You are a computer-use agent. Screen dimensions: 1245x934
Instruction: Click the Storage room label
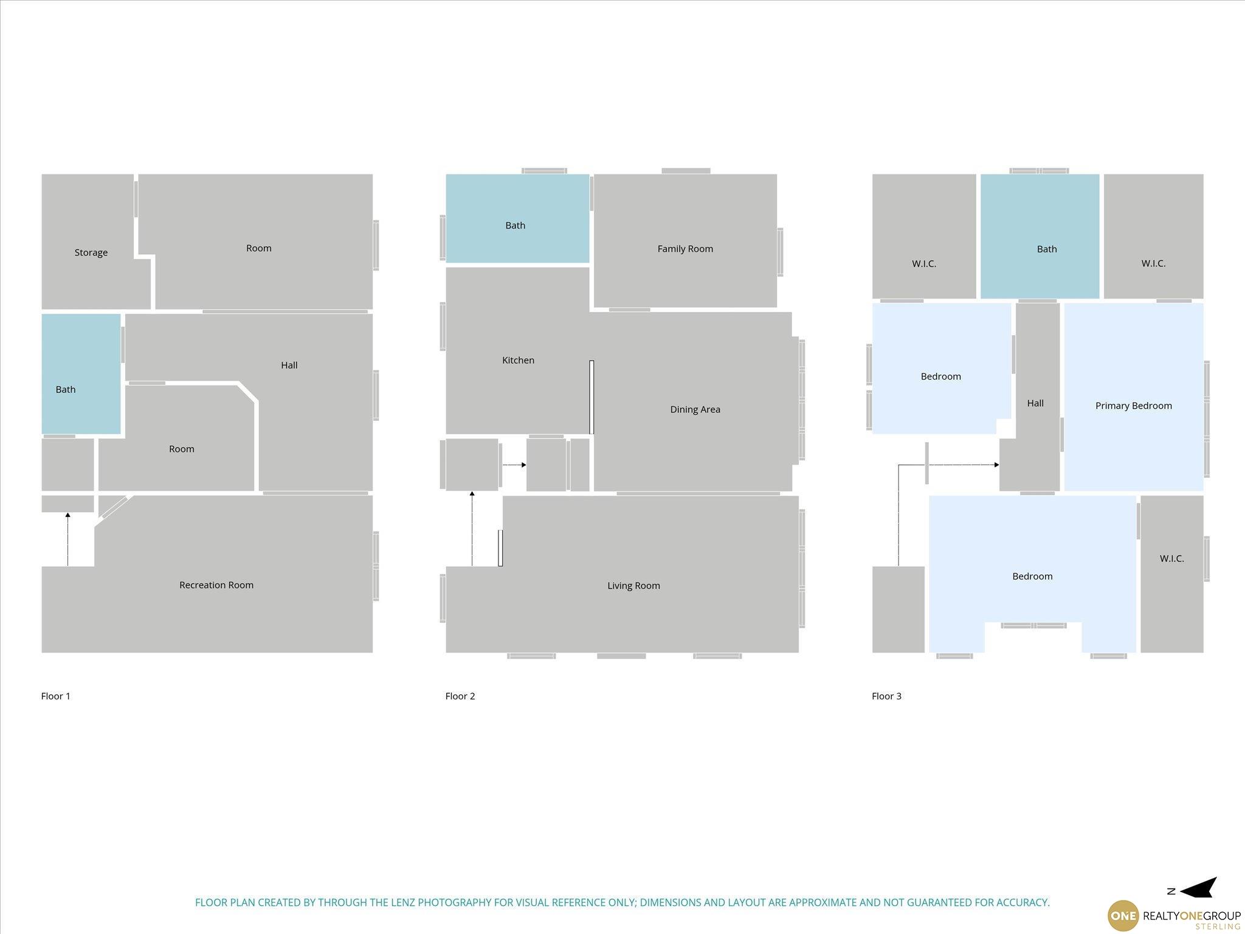(x=91, y=252)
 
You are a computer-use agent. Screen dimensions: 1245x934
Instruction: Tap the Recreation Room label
(x=216, y=585)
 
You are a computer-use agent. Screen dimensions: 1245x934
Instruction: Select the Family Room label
(x=685, y=249)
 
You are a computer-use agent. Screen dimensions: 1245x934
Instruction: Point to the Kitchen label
(x=518, y=360)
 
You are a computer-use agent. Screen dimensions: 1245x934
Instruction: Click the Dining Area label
(x=695, y=409)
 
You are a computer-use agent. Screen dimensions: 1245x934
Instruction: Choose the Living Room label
(x=633, y=586)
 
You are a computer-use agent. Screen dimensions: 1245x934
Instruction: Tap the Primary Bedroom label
(x=1133, y=406)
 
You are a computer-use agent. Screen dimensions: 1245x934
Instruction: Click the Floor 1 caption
(x=56, y=696)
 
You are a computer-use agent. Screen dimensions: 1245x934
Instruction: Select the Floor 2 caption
(x=460, y=696)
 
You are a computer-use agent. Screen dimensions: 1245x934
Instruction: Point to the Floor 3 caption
(x=886, y=696)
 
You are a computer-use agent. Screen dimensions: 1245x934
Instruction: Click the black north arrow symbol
(x=1199, y=887)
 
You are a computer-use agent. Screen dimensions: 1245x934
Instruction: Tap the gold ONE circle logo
(x=1123, y=916)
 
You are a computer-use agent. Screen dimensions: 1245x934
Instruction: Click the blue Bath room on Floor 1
(x=81, y=374)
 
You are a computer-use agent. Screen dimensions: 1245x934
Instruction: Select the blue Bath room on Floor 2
(x=517, y=218)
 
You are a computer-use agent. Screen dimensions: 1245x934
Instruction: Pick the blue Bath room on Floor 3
(x=1040, y=236)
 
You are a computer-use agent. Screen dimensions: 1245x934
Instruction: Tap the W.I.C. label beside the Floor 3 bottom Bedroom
(x=1171, y=558)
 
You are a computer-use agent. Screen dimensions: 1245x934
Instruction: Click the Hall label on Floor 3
(x=1035, y=403)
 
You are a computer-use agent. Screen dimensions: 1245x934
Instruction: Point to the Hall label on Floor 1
(x=289, y=365)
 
